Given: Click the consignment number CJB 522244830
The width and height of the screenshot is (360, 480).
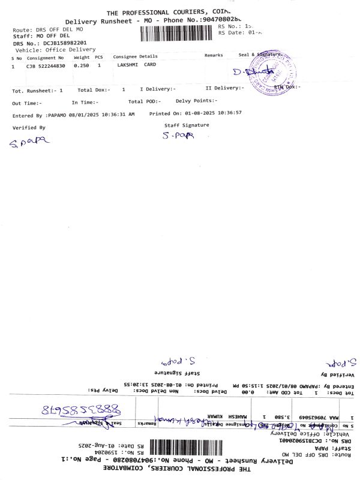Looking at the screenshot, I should (x=45, y=66).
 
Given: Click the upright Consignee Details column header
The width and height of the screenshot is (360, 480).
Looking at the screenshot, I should (x=136, y=56).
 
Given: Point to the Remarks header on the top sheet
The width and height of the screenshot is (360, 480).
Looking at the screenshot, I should (x=214, y=55).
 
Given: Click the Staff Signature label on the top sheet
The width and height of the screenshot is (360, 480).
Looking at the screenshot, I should (x=187, y=125).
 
